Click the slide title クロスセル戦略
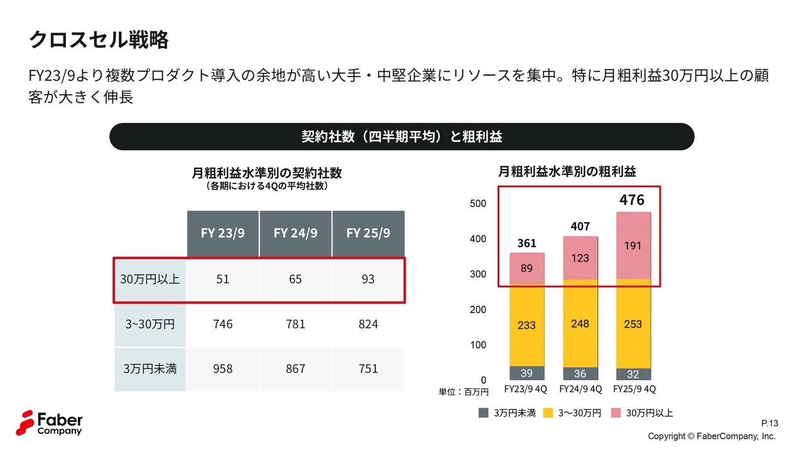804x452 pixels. (99, 40)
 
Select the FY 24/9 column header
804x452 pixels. (295, 233)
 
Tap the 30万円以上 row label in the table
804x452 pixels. (150, 279)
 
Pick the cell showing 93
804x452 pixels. (368, 279)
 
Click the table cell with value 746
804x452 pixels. (222, 324)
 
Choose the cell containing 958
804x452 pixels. (222, 369)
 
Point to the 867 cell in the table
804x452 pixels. (295, 369)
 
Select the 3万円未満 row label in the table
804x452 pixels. (150, 369)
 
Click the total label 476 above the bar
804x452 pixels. (632, 200)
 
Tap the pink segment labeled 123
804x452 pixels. (580, 258)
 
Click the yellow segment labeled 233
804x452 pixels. (527, 325)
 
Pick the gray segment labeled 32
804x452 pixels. (633, 374)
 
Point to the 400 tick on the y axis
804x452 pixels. (478, 239)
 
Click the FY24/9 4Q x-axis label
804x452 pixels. (580, 389)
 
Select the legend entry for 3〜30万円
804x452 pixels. (572, 413)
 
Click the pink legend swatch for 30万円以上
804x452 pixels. (616, 413)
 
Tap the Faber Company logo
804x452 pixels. (49, 422)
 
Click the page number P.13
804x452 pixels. (769, 422)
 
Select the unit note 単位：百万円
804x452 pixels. (464, 392)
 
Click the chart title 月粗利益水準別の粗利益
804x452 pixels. (567, 171)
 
